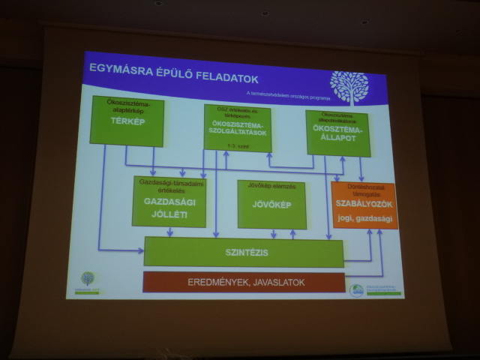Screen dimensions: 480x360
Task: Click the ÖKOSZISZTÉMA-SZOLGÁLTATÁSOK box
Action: [237, 128]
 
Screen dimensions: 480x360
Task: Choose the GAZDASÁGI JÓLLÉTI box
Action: [169, 201]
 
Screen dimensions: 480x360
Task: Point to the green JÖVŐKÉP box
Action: [271, 204]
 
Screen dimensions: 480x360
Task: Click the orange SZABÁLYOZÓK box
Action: [364, 205]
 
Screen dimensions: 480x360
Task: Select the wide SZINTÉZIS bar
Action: [244, 252]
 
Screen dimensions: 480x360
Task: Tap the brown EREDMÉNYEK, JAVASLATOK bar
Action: [244, 282]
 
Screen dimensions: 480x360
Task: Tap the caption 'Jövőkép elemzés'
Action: [262, 184]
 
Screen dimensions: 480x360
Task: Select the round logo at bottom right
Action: [357, 289]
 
